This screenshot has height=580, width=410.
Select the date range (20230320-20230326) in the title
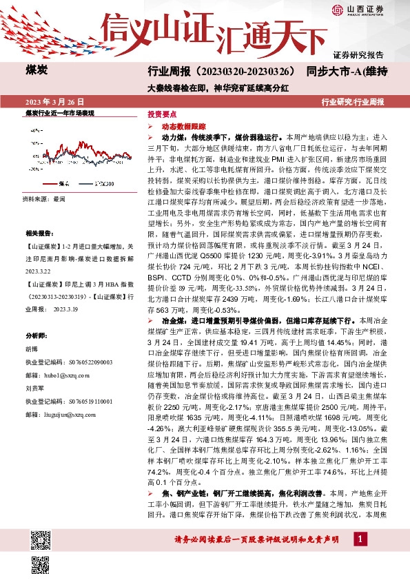[247, 71]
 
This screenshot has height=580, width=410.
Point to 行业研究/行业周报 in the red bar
[353, 101]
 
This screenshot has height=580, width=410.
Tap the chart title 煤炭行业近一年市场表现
[59, 112]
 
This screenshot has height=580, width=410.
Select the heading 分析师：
[36, 335]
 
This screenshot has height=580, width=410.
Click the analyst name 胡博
[31, 349]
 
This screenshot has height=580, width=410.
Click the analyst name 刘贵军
[34, 388]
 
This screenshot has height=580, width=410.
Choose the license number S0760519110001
[83, 401]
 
